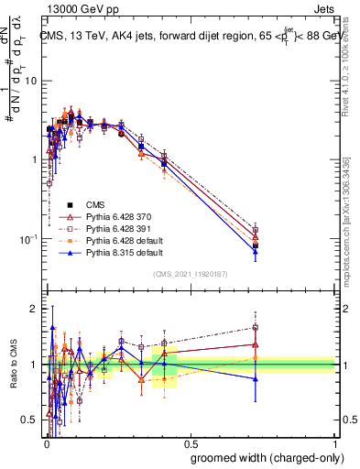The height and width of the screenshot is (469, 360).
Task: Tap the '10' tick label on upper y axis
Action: (31, 81)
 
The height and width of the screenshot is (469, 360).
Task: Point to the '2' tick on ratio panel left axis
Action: (35, 309)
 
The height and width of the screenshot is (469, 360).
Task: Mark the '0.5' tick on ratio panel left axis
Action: (31, 420)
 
